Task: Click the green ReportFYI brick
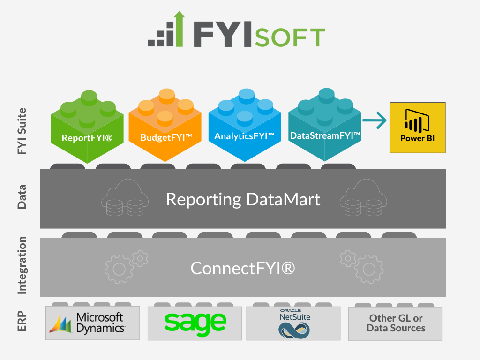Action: [x=87, y=131]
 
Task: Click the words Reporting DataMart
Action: [x=243, y=199]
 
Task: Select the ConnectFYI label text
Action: [x=243, y=268]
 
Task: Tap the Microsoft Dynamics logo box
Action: [x=93, y=323]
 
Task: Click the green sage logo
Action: [x=195, y=322]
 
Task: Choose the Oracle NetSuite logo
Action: [x=294, y=323]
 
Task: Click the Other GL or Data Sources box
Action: [x=395, y=323]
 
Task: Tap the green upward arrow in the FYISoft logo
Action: [x=178, y=29]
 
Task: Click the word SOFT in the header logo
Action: [x=290, y=37]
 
